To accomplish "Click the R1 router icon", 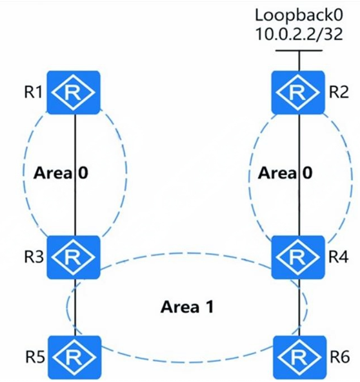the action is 74,92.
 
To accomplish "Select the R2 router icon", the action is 298,92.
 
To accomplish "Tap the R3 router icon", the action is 74,257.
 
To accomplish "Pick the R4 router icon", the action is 298,257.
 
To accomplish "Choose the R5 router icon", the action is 75,357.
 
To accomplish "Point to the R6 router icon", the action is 299,357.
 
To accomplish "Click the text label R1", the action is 34,92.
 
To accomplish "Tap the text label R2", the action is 339,92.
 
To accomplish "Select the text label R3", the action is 34,257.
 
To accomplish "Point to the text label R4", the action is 339,257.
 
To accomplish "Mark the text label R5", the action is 35,357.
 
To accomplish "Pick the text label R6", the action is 340,357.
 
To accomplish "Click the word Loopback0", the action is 299,15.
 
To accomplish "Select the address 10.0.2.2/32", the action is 299,34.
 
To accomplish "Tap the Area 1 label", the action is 187,307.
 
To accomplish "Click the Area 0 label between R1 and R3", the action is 61,173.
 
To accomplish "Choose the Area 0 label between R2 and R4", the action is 285,173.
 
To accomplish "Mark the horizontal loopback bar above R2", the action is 299,51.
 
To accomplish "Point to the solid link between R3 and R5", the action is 75,307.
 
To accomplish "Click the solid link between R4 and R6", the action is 299,307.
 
